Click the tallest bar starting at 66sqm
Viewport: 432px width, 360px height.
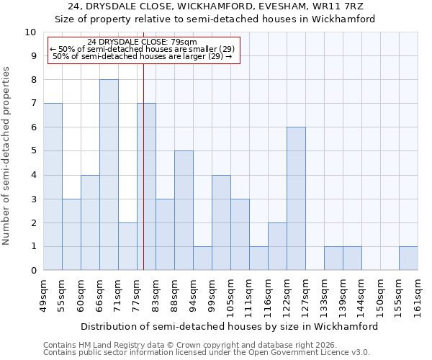109,175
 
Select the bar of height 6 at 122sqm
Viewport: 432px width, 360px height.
296,199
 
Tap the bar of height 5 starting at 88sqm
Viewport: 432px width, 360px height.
184,210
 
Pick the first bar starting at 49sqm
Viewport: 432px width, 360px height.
53,186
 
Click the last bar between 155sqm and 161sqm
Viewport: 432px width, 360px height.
408,258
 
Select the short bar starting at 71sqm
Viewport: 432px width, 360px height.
127,246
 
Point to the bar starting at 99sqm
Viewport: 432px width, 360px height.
221,222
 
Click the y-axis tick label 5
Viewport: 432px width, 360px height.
32,151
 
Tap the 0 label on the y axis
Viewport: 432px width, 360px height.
32,271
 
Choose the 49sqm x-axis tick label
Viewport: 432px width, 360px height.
44,296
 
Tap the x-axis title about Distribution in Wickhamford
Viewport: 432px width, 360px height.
230,326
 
